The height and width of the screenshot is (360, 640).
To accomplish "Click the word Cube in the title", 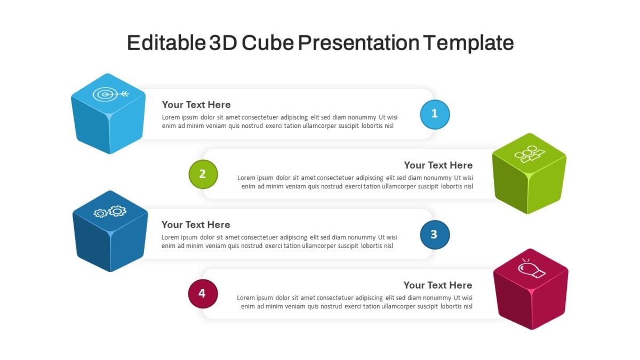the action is [x=268, y=43].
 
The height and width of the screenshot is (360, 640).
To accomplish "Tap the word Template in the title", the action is [x=468, y=43].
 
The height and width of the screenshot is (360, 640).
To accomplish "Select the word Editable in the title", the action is [x=166, y=43].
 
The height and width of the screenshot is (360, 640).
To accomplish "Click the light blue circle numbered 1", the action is [x=435, y=114].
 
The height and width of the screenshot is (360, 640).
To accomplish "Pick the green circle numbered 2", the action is [x=203, y=174].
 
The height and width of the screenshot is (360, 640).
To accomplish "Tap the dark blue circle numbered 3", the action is [x=435, y=235].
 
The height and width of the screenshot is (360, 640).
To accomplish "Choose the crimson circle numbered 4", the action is [x=203, y=294].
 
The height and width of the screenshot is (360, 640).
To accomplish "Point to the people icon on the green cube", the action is [x=530, y=154].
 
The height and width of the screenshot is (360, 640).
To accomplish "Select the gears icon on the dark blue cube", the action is [x=110, y=211].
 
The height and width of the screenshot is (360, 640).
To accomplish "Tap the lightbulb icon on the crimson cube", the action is [x=531, y=269].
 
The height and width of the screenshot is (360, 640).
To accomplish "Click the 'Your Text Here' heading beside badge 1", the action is [x=196, y=105].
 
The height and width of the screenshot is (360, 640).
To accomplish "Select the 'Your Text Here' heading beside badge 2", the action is [x=438, y=165].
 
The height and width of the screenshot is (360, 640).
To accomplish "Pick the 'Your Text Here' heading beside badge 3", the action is [x=196, y=225].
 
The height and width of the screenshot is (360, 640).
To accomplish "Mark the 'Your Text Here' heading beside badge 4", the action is [x=438, y=285].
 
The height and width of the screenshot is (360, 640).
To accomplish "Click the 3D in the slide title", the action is [x=223, y=43].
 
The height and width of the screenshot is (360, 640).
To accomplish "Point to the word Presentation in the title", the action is [x=358, y=43].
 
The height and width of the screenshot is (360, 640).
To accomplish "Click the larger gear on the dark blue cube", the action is [x=117, y=211].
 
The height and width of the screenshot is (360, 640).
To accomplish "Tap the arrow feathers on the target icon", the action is [x=125, y=93].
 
